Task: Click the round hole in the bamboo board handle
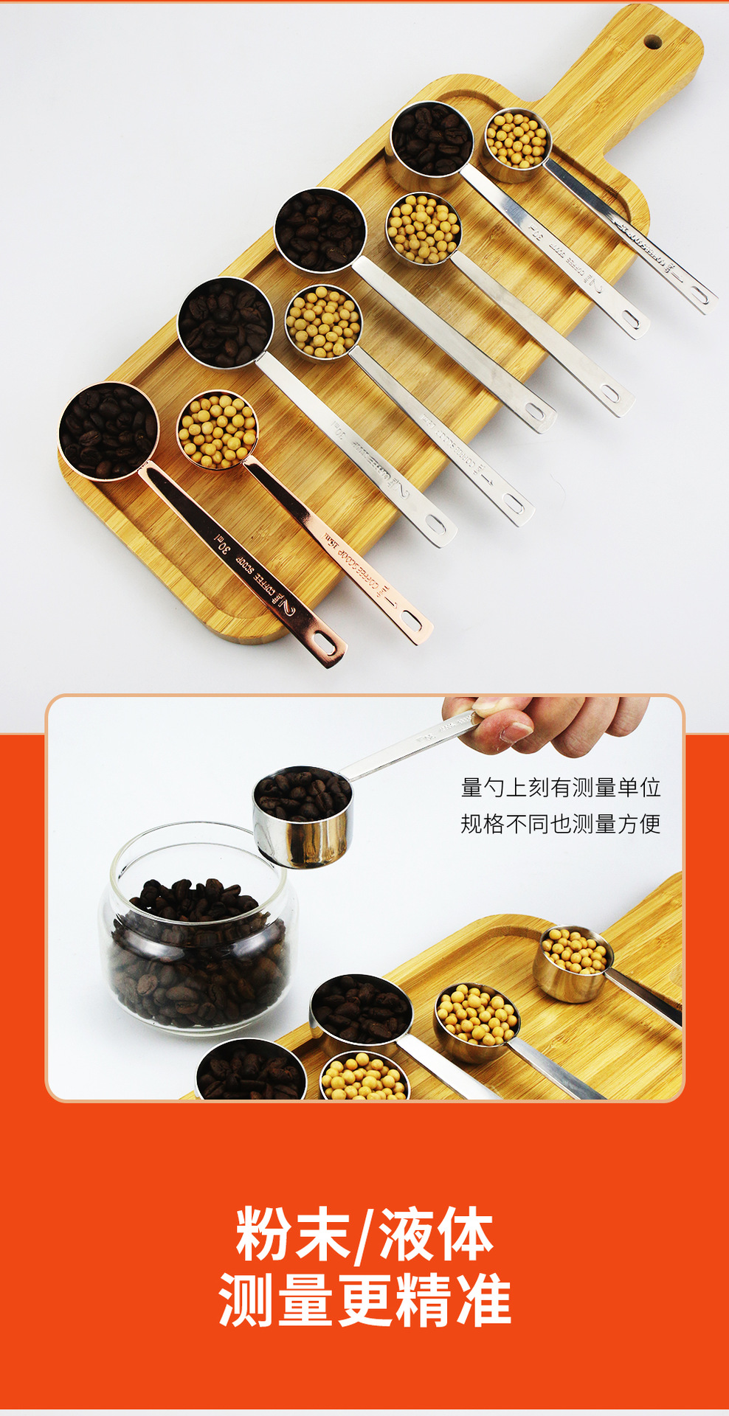pyautogui.click(x=652, y=41)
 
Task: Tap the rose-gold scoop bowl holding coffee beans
pyautogui.click(x=108, y=431)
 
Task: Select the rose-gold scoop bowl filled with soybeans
pyautogui.click(x=218, y=430)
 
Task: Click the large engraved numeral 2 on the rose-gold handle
pyautogui.click(x=286, y=608)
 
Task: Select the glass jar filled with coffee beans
pyautogui.click(x=198, y=929)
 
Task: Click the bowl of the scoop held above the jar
pyautogui.click(x=303, y=815)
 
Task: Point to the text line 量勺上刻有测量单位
pyautogui.click(x=560, y=788)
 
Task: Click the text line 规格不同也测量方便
pyautogui.click(x=560, y=824)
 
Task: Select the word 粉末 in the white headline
pyautogui.click(x=292, y=1235)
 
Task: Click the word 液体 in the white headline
pyautogui.click(x=435, y=1235)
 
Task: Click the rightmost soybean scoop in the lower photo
pyautogui.click(x=573, y=962)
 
